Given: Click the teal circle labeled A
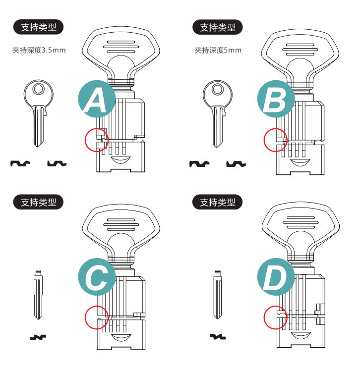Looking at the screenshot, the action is pyautogui.click(x=97, y=99).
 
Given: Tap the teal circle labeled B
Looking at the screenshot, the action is pyautogui.click(x=276, y=99).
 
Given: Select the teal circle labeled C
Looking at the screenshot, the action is pyautogui.click(x=97, y=277).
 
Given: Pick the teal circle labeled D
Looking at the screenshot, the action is pyautogui.click(x=276, y=277).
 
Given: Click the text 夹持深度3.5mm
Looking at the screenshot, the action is pyautogui.click(x=39, y=50).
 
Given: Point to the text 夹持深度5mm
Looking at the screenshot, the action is pyautogui.click(x=218, y=50).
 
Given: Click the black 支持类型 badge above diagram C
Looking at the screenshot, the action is pyautogui.click(x=39, y=202).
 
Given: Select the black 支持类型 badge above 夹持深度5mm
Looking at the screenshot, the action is pyautogui.click(x=218, y=27).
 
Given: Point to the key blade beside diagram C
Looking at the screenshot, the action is pyautogui.click(x=38, y=295).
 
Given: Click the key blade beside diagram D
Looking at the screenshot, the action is pyautogui.click(x=218, y=295).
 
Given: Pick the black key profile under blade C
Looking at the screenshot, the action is pyautogui.click(x=38, y=337).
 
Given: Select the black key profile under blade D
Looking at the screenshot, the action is pyautogui.click(x=218, y=337).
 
